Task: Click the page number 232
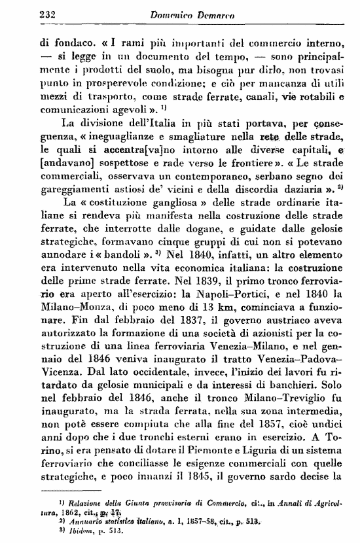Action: pyautogui.click(x=31, y=13)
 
